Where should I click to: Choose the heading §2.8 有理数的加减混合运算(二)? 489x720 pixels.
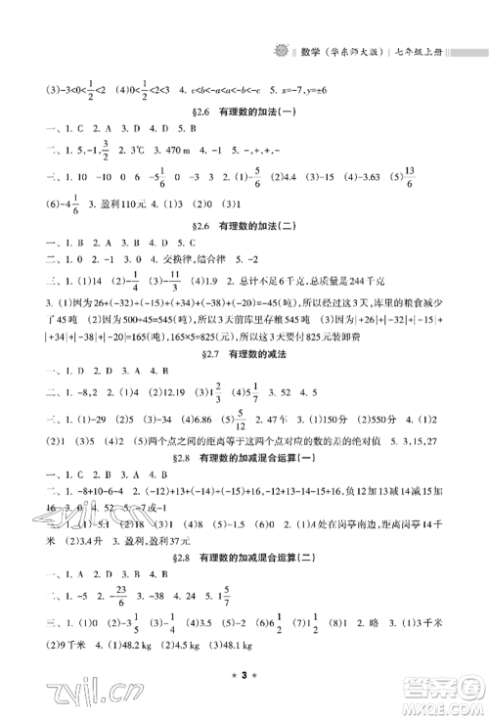[244, 559]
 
